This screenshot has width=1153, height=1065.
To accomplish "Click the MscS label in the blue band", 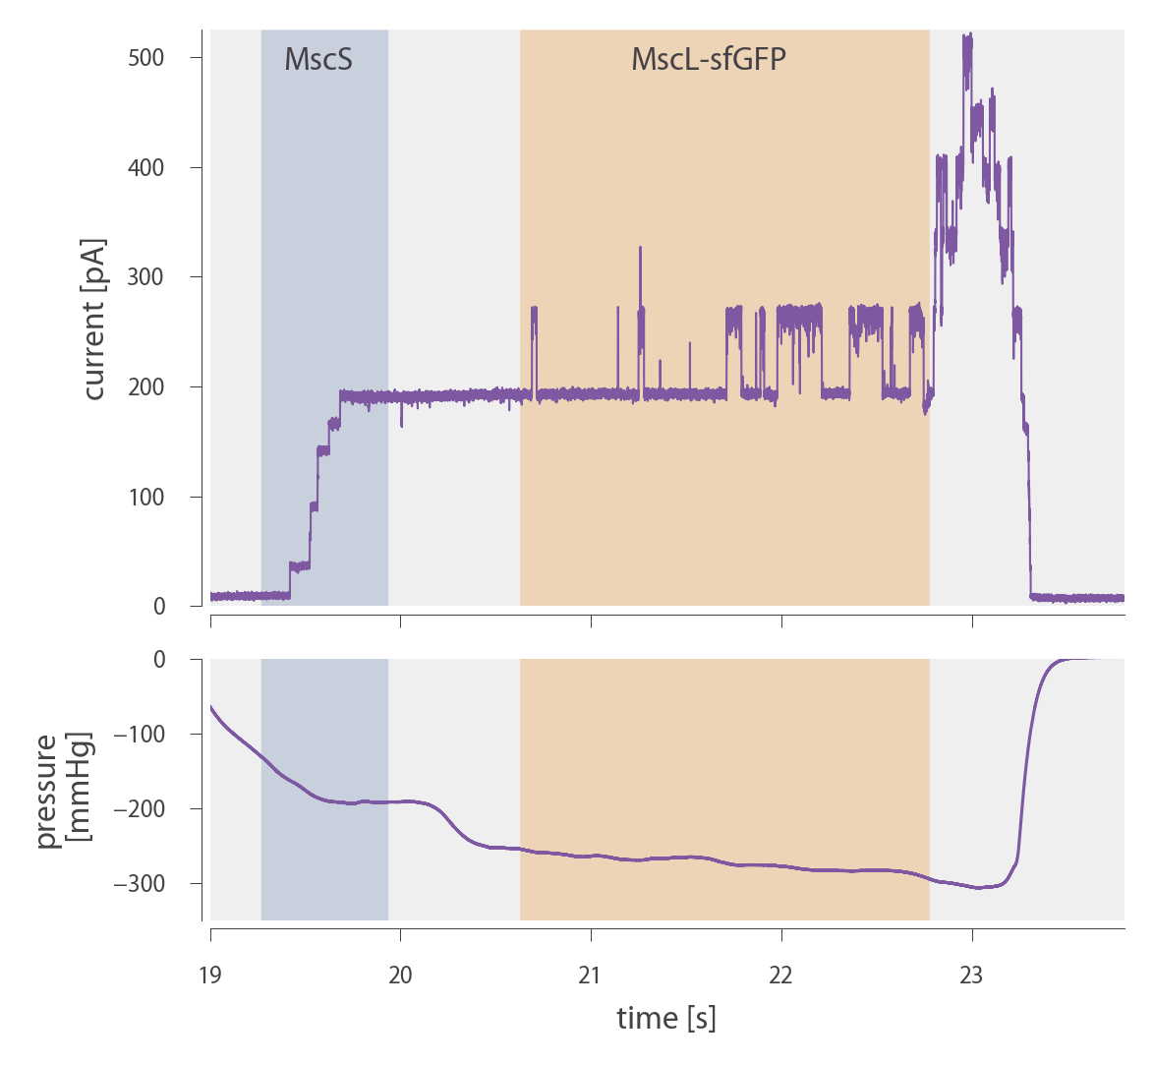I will (x=318, y=60).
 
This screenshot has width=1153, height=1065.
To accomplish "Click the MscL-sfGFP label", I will (x=709, y=60).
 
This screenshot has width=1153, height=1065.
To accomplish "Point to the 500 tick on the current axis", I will (x=145, y=58).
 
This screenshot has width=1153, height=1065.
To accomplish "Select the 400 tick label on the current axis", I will (x=145, y=168).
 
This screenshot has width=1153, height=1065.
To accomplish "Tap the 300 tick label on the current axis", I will (x=145, y=277).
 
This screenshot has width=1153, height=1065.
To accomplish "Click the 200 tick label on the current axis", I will (x=145, y=387).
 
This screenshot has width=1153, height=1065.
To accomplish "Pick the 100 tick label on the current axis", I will (x=145, y=498).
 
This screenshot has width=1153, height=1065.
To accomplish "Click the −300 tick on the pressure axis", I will (x=141, y=884).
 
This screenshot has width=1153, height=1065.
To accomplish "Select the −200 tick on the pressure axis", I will (x=141, y=809).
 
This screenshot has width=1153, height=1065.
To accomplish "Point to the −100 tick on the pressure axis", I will (x=141, y=735).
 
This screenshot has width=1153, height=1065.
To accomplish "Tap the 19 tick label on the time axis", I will (x=210, y=976).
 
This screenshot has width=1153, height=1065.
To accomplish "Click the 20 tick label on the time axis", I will (x=400, y=976).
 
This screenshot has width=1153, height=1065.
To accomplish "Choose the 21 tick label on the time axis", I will (x=591, y=976).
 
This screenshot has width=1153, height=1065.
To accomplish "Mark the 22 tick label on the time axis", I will (x=781, y=976).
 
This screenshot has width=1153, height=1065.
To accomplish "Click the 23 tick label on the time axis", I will (x=971, y=976).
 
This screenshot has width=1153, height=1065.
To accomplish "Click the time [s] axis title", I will (x=666, y=1018).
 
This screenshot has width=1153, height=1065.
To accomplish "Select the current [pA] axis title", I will (x=93, y=319).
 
